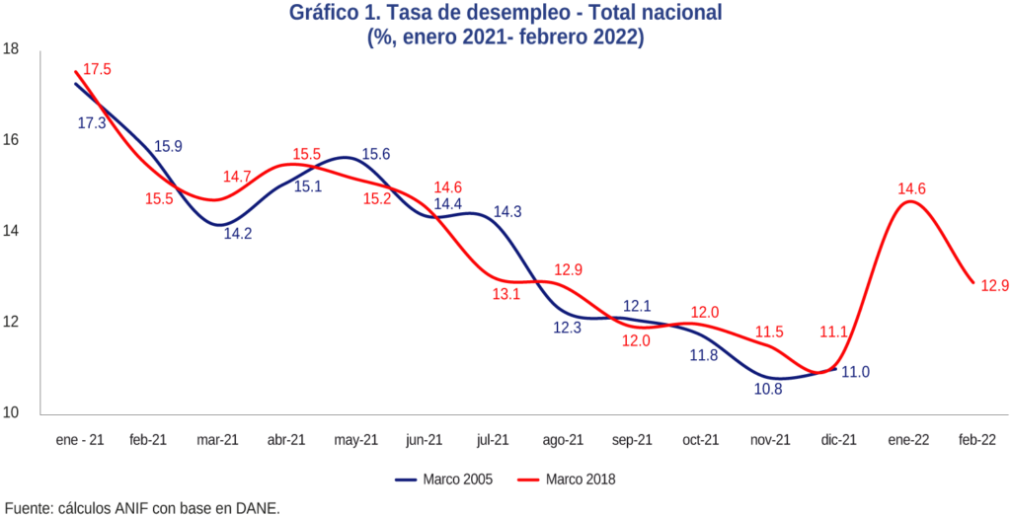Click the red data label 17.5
98,70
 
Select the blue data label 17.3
92,123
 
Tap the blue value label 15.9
168,146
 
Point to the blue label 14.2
237,234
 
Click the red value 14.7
237,177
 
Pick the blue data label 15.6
376,154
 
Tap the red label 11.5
770,332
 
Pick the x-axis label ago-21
563,440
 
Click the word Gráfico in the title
326,14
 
